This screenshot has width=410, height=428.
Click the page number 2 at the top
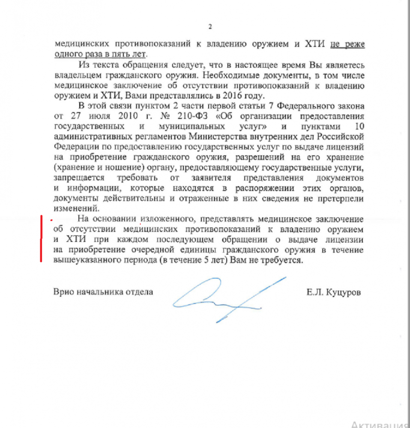pyautogui.click(x=210, y=27)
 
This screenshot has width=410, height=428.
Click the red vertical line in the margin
pyautogui.click(x=41, y=240)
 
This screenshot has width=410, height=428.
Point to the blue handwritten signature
pyautogui.click(x=227, y=298)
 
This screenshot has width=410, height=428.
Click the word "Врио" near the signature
pyautogui.click(x=63, y=293)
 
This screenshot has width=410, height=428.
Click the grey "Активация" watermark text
pyautogui.click(x=379, y=424)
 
